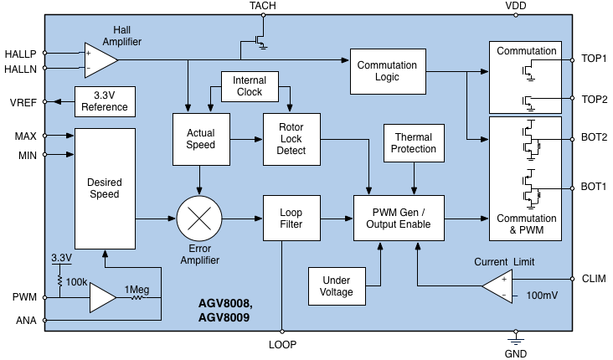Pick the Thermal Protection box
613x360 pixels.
(x=415, y=142)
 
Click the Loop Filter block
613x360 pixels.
(x=291, y=219)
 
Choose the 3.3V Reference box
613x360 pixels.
(x=105, y=100)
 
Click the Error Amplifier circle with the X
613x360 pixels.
(x=200, y=219)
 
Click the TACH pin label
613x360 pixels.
(x=262, y=6)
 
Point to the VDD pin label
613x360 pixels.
(x=517, y=6)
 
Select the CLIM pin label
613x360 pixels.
(x=594, y=279)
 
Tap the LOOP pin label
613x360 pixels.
(x=282, y=344)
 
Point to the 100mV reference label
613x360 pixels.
(x=541, y=296)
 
